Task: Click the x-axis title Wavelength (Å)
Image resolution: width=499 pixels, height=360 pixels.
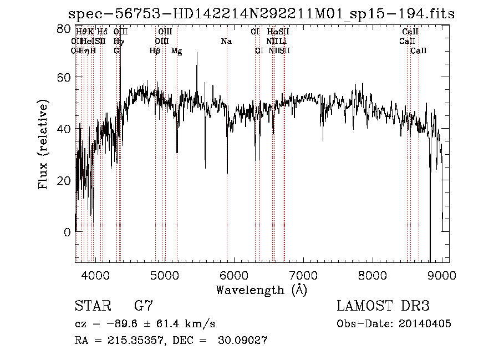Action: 261,290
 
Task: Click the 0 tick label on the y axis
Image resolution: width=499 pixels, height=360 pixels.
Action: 67,232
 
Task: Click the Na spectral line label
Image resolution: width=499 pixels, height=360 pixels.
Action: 226,41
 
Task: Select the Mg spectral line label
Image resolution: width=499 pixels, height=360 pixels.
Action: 177,51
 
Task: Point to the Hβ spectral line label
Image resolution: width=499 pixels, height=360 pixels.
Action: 155,51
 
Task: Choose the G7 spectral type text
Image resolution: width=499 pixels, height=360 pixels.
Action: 144,306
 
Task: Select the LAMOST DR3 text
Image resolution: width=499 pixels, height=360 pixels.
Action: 383,306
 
